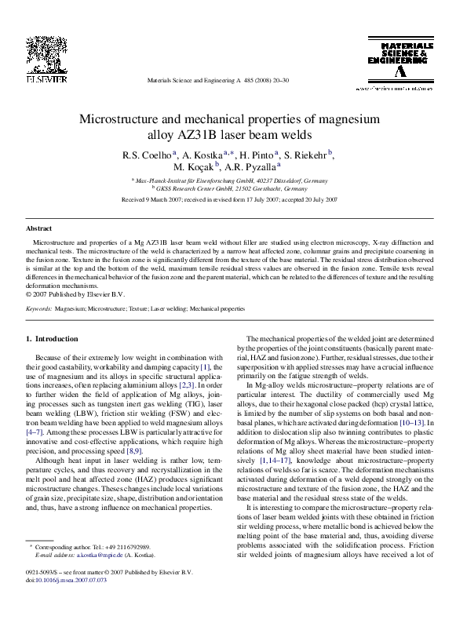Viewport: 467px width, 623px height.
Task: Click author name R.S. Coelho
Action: click(x=148, y=155)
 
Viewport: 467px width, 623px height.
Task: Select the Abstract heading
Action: click(x=39, y=228)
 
